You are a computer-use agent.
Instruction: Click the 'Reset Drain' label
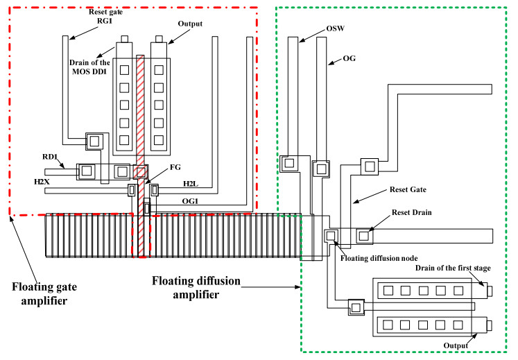(409, 214)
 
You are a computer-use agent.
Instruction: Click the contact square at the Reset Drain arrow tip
(363, 236)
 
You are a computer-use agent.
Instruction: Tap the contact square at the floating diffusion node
(330, 236)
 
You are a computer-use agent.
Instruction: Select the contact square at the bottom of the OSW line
(288, 164)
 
